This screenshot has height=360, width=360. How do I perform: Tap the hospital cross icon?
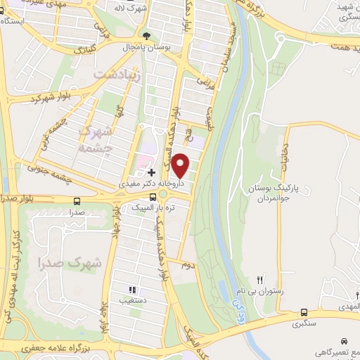152,172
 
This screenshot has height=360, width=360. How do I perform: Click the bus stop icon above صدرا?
77,201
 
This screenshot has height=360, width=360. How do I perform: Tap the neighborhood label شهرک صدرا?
70,262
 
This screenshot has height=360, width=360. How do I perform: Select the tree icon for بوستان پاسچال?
146,35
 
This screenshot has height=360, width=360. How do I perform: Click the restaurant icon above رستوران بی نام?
259,279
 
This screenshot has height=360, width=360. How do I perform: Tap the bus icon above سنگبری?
304,312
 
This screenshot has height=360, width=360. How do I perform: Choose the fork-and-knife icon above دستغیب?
131,289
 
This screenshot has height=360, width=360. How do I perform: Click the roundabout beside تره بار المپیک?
164,194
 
